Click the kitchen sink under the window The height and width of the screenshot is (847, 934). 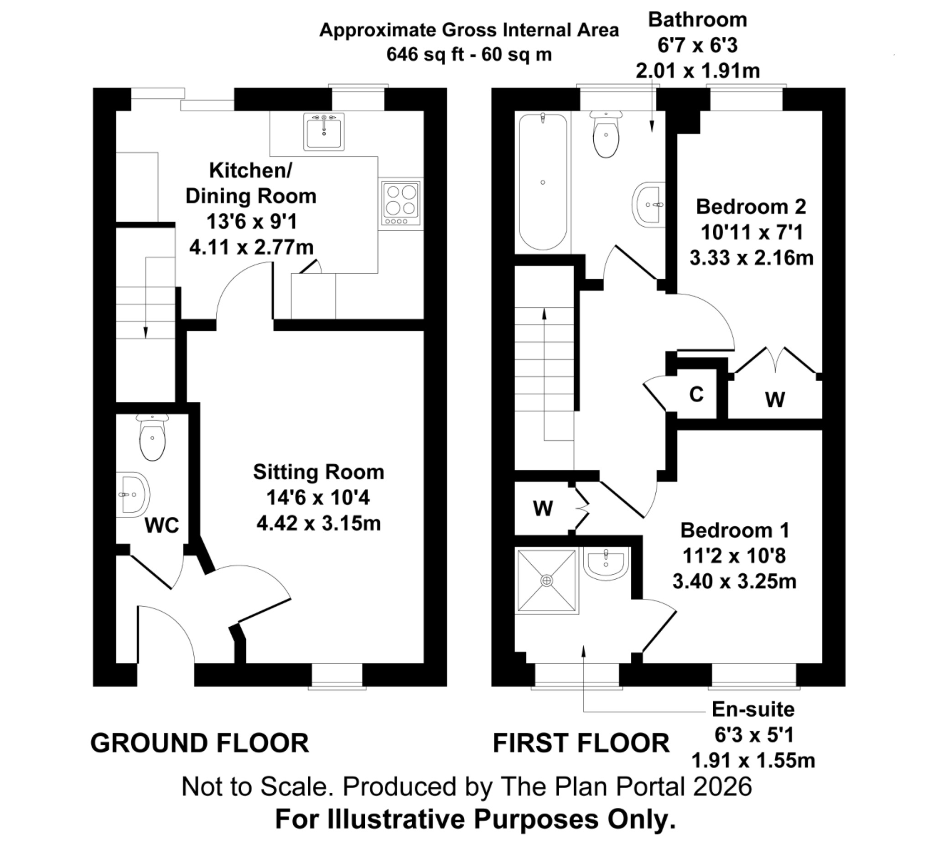pos(324,132)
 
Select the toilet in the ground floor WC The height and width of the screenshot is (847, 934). pos(152,439)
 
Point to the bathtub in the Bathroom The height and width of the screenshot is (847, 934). pos(543,182)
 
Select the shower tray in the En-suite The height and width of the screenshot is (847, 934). pos(547,580)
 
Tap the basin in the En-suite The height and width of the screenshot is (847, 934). pos(606,563)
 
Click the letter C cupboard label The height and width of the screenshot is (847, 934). pos(696,395)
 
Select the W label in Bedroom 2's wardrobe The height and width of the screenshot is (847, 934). pos(775,399)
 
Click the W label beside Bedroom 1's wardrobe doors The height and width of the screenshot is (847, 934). pos(543,508)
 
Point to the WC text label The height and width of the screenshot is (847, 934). pos(162,525)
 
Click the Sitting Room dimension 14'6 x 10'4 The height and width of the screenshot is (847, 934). pos(318,498)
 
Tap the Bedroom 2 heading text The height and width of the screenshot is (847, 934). pos(751,207)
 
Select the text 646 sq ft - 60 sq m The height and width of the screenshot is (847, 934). pos(469,55)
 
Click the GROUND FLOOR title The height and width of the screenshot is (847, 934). pos(200,743)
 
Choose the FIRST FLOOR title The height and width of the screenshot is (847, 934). pos(581,743)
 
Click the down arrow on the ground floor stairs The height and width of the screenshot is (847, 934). pos(145,332)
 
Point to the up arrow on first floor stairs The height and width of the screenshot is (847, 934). pos(545,313)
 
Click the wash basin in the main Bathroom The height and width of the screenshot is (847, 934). pos(648,204)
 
